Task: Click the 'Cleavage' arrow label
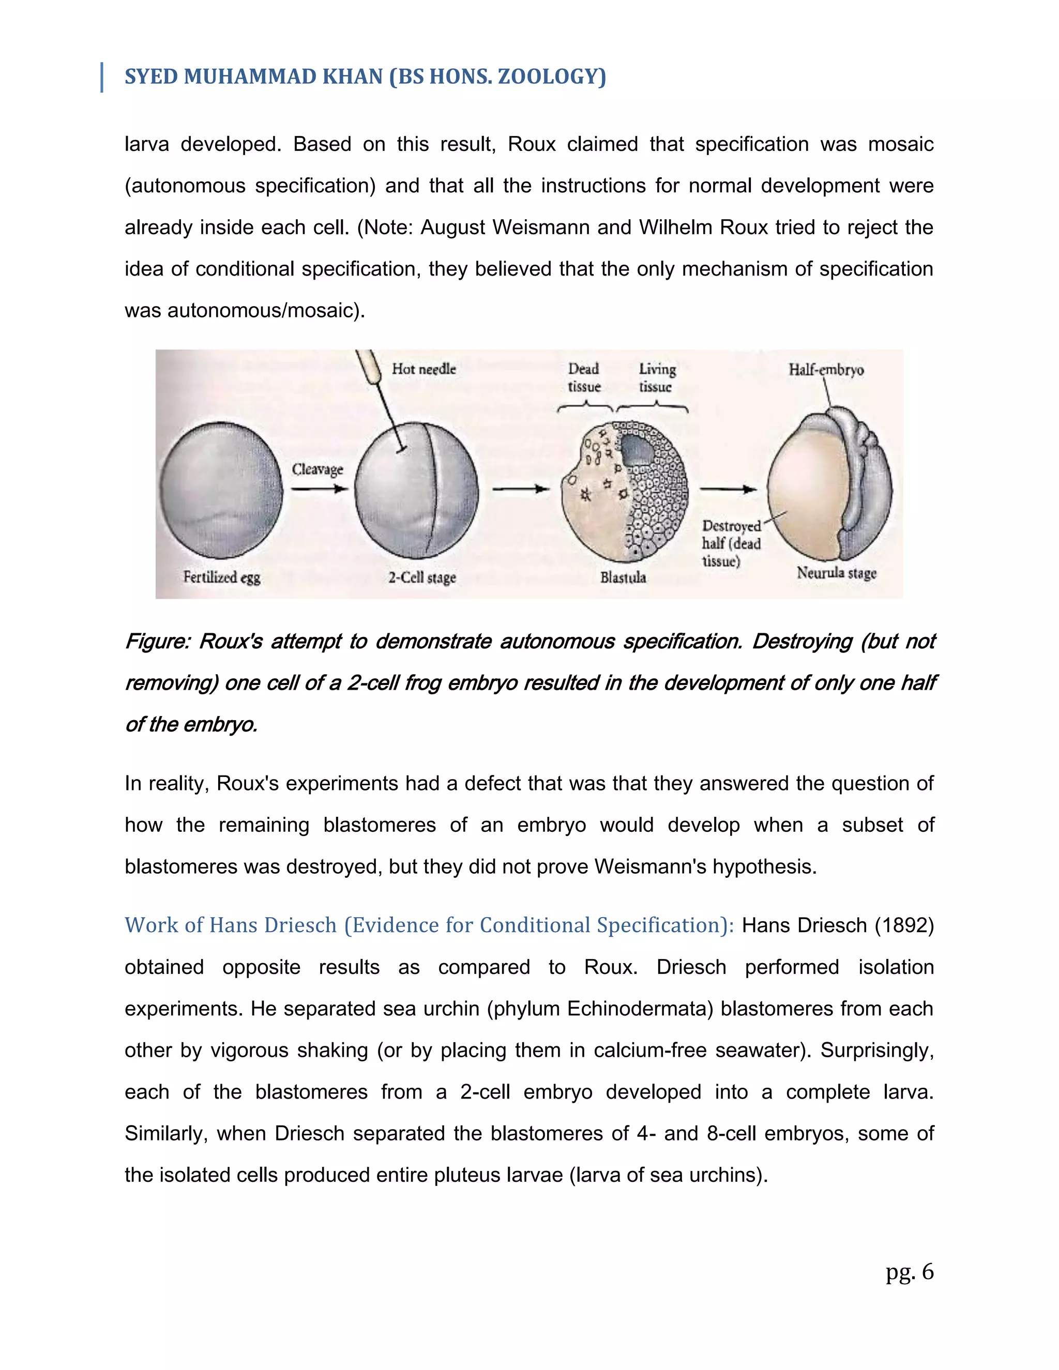coord(317,469)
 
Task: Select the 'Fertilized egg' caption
coord(221,577)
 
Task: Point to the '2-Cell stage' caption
coord(421,577)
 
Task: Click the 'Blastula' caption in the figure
coord(623,577)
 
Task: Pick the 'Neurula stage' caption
coord(836,573)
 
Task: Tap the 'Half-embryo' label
coord(826,370)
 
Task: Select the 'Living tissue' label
coord(656,377)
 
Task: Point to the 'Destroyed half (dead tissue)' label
coord(731,543)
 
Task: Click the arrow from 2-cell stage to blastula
coord(520,489)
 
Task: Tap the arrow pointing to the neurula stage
coord(728,489)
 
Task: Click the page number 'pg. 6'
coord(909,1272)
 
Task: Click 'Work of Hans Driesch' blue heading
coord(230,925)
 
